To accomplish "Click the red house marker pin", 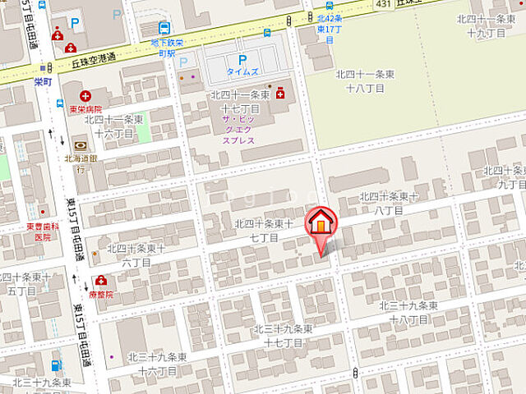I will click(x=321, y=225).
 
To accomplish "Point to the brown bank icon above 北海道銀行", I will click(x=80, y=146).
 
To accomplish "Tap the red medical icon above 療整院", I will click(x=101, y=280).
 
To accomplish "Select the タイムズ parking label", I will click(x=242, y=71).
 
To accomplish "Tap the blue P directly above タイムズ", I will click(x=242, y=59).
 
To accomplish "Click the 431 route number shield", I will click(x=381, y=5).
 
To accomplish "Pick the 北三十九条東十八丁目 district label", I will click(x=408, y=312).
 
